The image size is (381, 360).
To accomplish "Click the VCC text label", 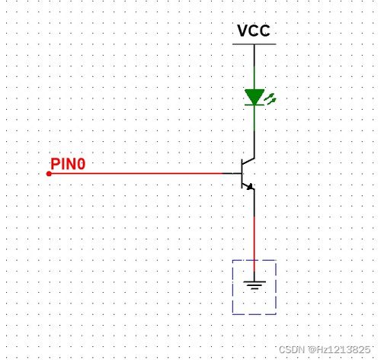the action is pyautogui.click(x=254, y=31).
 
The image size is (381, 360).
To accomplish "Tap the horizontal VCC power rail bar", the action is pyautogui.click(x=255, y=44).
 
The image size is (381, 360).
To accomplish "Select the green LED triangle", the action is pyautogui.click(x=255, y=97).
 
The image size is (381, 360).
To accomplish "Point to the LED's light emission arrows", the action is pyautogui.click(x=271, y=99).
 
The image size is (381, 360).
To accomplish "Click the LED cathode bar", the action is pyautogui.click(x=255, y=104).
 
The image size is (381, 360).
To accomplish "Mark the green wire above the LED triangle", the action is pyautogui.click(x=255, y=78).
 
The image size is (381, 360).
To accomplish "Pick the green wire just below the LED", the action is pyautogui.click(x=255, y=118).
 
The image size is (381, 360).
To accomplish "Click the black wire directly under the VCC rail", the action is pyautogui.click(x=255, y=56).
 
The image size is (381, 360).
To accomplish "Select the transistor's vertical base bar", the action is pyautogui.click(x=242, y=174).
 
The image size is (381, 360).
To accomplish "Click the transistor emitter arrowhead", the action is pyautogui.click(x=250, y=187).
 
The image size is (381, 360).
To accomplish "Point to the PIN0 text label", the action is pyautogui.click(x=68, y=164).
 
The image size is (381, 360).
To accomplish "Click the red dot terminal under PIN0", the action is pyautogui.click(x=49, y=174).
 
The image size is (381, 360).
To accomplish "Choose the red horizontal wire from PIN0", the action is pyautogui.click(x=136, y=173).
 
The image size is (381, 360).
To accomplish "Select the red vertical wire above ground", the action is pyautogui.click(x=255, y=243).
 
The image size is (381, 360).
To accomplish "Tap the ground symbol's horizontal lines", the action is pyautogui.click(x=255, y=284).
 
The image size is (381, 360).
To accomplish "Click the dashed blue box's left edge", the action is pyautogui.click(x=232, y=287).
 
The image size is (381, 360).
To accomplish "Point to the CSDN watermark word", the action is pyautogui.click(x=292, y=349).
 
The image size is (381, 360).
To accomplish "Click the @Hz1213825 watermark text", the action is pyautogui.click(x=339, y=350).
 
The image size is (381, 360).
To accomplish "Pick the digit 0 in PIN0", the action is pyautogui.click(x=81, y=164).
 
